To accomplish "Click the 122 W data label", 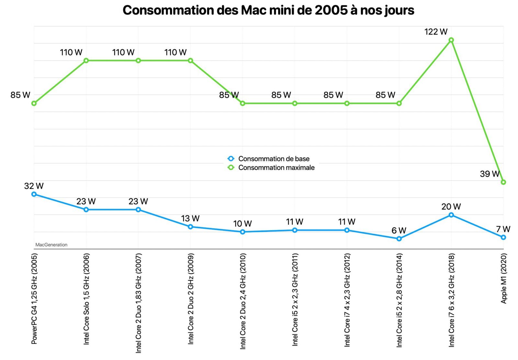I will pos(436,32).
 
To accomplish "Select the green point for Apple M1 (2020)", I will pos(503,182).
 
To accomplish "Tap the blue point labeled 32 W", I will pos(34,194).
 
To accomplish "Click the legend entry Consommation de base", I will pos(274,159).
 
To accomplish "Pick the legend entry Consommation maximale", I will pos(276,168).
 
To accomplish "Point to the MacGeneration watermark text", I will pos(51,245).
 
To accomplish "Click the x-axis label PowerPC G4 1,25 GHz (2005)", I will pos(34,298).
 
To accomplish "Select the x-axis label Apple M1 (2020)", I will pos(503,278).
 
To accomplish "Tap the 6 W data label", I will pos(399,231).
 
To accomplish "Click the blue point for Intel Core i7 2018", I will pos(451,215).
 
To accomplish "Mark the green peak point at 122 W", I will pos(451,40).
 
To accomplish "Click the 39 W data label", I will pos(490,174).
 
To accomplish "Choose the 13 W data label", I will pos(190,219).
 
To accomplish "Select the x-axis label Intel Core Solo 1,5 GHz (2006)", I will pos(86,299).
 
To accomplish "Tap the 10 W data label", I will pos(242,224).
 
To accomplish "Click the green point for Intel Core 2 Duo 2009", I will pos(190,61).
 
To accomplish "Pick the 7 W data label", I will pos(503,229).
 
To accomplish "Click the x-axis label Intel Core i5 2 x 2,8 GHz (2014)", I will pos(399,300).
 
